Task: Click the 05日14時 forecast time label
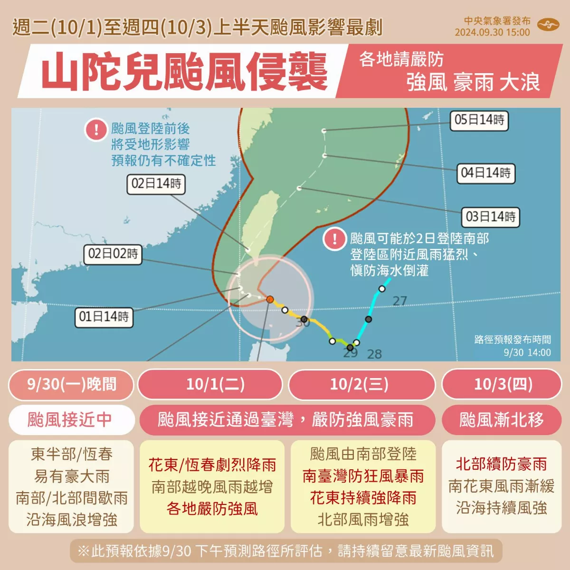[479, 120]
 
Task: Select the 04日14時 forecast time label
[485, 173]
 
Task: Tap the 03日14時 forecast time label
[490, 217]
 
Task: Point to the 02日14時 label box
[156, 184]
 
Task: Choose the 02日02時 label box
[113, 254]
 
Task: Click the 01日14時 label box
[104, 317]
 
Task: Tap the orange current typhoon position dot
[270, 299]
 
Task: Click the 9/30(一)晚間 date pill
[71, 384]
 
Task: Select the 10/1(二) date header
[215, 384]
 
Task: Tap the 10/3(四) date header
[503, 384]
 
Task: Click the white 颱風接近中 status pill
[70, 419]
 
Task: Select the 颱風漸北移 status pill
[502, 419]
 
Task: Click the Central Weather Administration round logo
[547, 25]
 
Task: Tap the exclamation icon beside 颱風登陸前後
[96, 130]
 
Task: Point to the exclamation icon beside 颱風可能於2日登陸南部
[334, 239]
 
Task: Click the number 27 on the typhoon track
[399, 301]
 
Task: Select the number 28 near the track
[374, 354]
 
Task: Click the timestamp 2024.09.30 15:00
[492, 32]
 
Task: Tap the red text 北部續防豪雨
[502, 464]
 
